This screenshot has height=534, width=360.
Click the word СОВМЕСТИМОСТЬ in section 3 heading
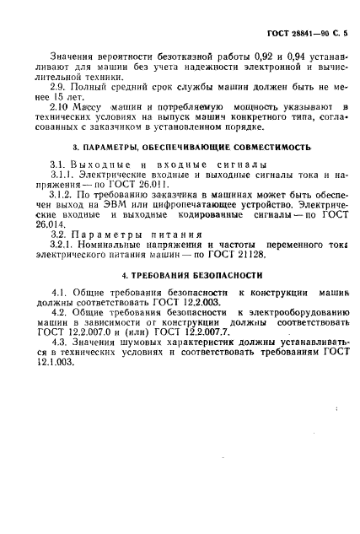[238, 144]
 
